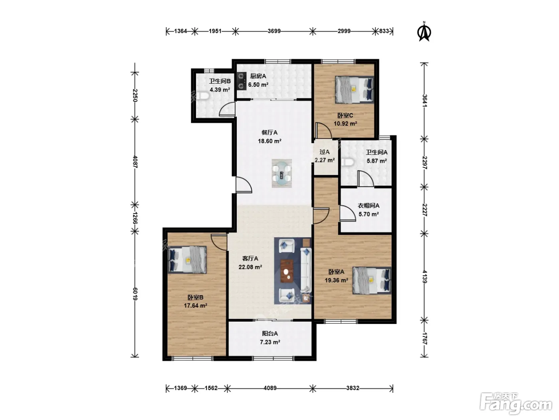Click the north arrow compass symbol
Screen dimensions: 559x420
(424, 32)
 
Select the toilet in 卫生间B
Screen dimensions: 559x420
(202, 96)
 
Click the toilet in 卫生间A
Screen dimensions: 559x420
(347, 162)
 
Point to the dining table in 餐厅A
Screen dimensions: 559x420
(281, 174)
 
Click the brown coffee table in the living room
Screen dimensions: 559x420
(287, 271)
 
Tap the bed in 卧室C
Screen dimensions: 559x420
(355, 90)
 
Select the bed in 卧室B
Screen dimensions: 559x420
(187, 260)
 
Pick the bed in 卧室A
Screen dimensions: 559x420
(372, 280)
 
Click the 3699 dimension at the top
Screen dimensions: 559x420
(274, 31)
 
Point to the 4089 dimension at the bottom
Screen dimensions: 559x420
(270, 388)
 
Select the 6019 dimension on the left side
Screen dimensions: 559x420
(135, 294)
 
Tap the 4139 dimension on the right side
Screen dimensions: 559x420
(424, 277)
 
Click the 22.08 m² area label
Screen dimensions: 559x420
(250, 267)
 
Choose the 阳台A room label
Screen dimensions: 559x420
(270, 334)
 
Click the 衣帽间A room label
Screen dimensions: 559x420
(369, 206)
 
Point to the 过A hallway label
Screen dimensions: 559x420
(325, 152)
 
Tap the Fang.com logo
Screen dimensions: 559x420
(516, 404)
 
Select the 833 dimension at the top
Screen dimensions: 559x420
(384, 31)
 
